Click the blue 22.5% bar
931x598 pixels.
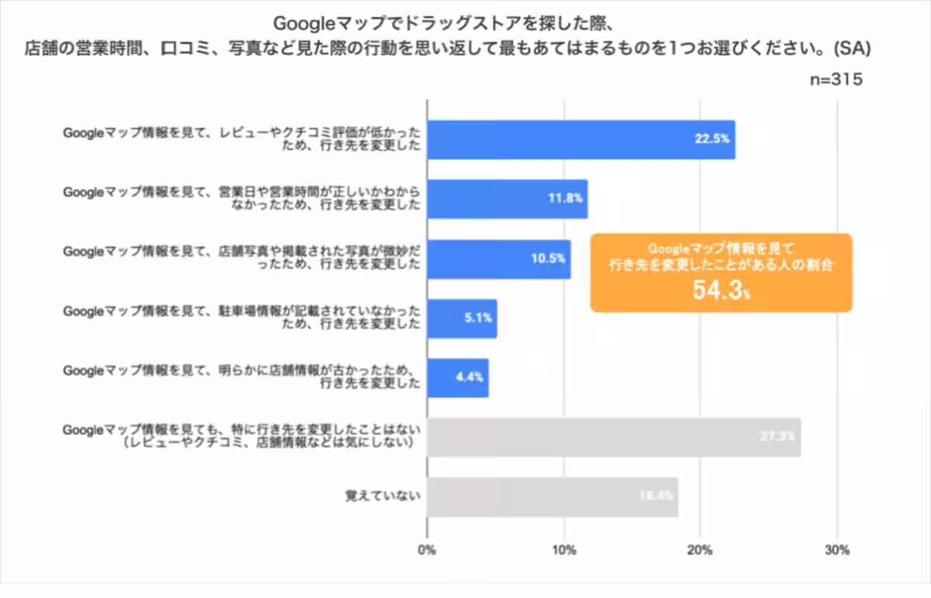[x=580, y=140]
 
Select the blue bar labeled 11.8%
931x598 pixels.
[x=507, y=199]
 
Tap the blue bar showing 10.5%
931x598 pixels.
[x=498, y=259]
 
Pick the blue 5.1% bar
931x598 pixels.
[x=462, y=318]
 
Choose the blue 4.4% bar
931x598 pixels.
[x=458, y=377]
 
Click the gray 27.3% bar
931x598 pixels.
[x=613, y=437]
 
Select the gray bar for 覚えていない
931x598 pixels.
[x=552, y=497]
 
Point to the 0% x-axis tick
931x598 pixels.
[x=427, y=551]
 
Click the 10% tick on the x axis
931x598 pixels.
[x=564, y=551]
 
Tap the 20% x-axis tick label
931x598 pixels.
[x=701, y=551]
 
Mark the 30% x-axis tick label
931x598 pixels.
[x=838, y=551]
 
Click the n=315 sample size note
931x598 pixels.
[x=836, y=79]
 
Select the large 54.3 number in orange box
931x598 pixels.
[x=717, y=291]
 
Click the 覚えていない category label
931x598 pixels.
[x=382, y=497]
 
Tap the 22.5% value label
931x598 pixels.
[x=711, y=140]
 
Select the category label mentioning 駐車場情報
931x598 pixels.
[x=241, y=318]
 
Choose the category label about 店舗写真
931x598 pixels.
[x=241, y=259]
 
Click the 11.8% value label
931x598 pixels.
[x=565, y=199]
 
